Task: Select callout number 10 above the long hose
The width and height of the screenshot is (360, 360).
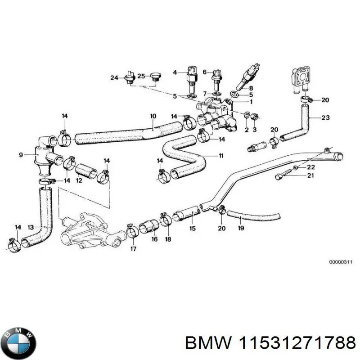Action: (153, 117)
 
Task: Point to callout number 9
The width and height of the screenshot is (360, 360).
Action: (21, 155)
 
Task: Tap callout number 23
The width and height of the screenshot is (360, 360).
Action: (325, 118)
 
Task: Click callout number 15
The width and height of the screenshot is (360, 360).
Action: (192, 229)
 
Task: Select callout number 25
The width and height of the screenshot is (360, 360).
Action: (141, 76)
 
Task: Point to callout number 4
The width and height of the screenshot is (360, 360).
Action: (175, 72)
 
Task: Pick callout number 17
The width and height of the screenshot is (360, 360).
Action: (134, 248)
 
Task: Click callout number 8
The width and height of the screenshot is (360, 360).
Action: (251, 87)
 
